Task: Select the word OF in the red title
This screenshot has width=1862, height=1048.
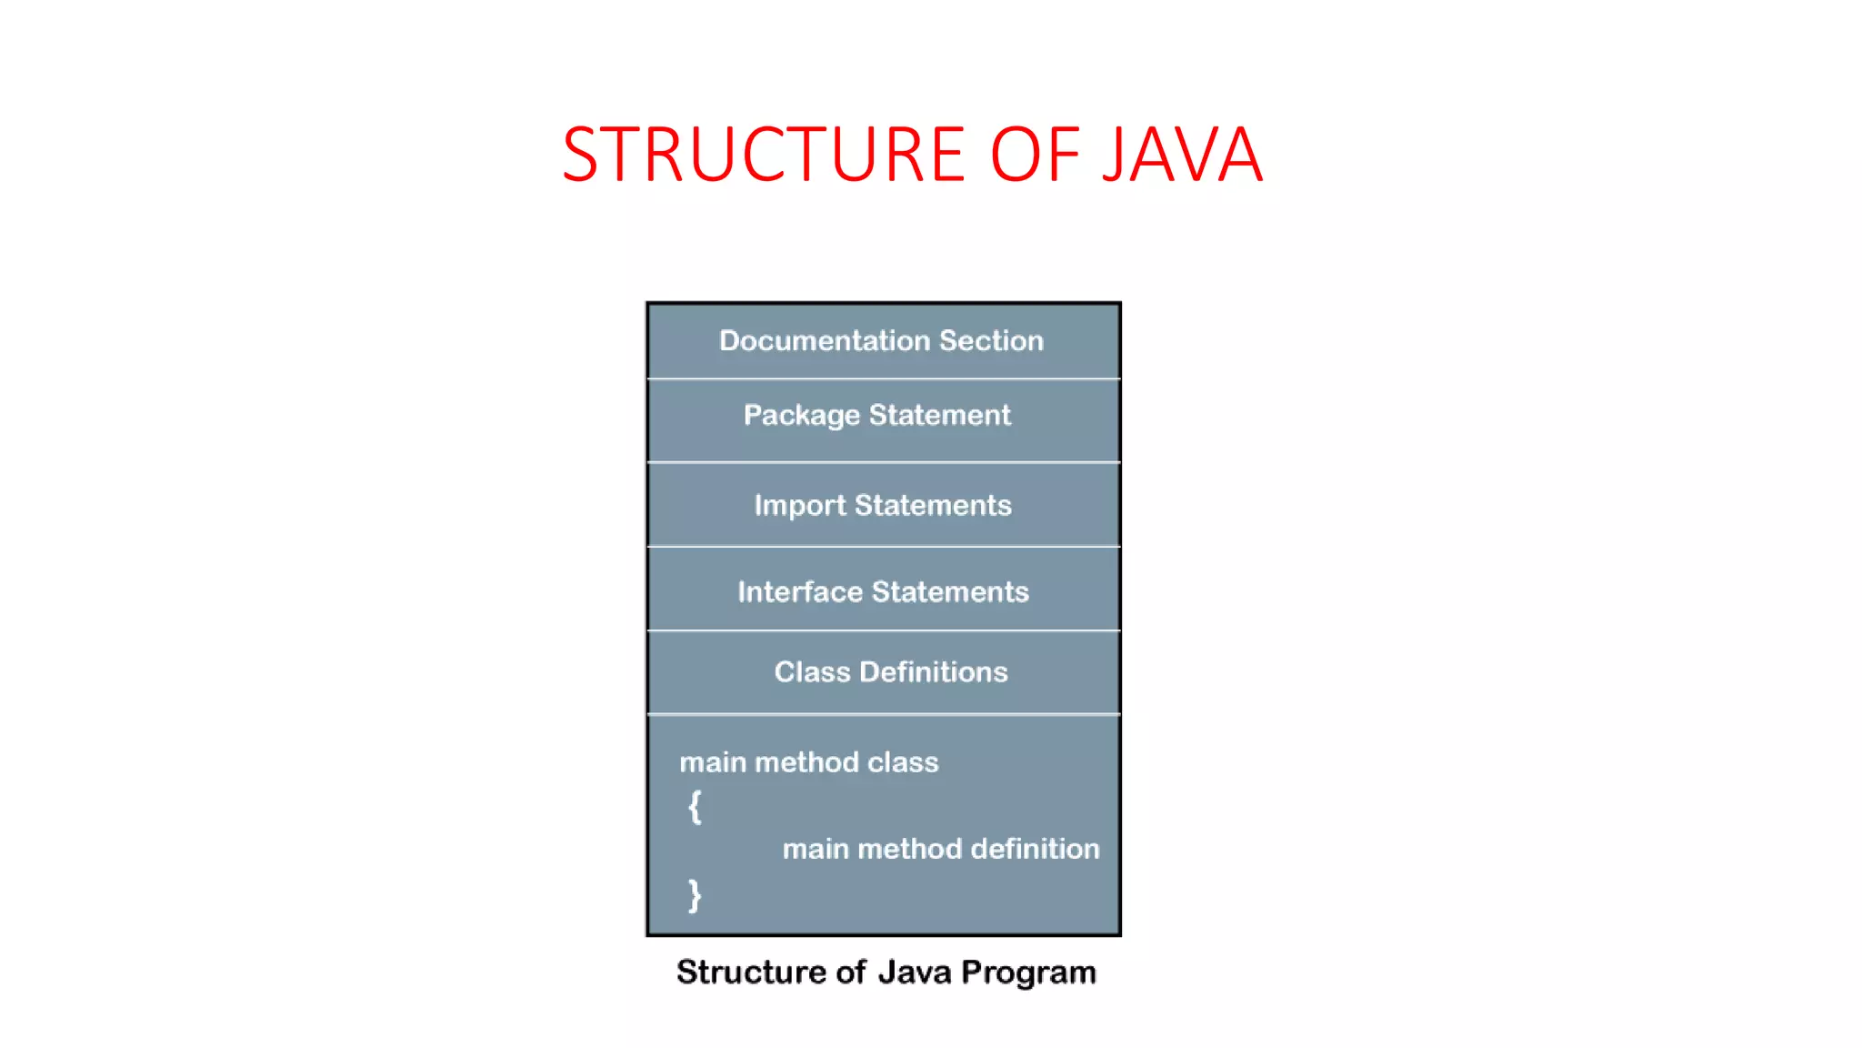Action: pos(1035,155)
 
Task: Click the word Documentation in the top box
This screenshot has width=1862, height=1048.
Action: pos(825,340)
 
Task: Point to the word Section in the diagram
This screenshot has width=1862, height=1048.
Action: pos(991,340)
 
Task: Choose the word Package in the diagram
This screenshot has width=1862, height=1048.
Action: pos(801,416)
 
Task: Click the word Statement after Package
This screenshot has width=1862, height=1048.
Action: pos(939,415)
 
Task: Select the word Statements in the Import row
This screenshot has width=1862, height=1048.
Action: pos(933,505)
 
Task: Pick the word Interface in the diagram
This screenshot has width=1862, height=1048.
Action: pos(800,592)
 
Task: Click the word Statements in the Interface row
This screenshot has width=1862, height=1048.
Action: pos(950,592)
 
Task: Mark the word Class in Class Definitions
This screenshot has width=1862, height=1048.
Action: pos(812,672)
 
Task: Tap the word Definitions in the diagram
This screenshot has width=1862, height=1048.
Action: pos(934,672)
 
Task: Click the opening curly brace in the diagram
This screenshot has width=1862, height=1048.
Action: pos(695,807)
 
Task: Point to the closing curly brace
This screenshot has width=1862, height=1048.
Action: pos(695,895)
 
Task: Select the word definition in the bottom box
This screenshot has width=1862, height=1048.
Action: pos(1035,849)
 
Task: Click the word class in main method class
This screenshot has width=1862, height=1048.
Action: pos(902,762)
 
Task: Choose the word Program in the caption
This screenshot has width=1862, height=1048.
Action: pos(1028,973)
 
